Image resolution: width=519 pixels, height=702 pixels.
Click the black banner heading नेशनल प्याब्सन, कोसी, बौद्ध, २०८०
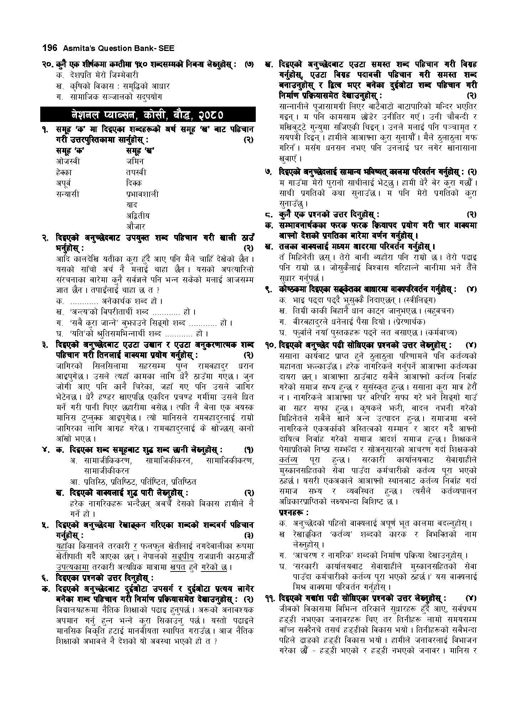[148, 115]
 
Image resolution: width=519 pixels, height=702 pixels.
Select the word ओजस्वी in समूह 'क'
[68, 161]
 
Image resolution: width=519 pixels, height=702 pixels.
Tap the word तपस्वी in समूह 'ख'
[136, 172]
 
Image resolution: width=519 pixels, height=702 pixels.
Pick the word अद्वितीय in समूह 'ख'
[138, 216]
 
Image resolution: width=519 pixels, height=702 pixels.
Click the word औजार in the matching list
[136, 226]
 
